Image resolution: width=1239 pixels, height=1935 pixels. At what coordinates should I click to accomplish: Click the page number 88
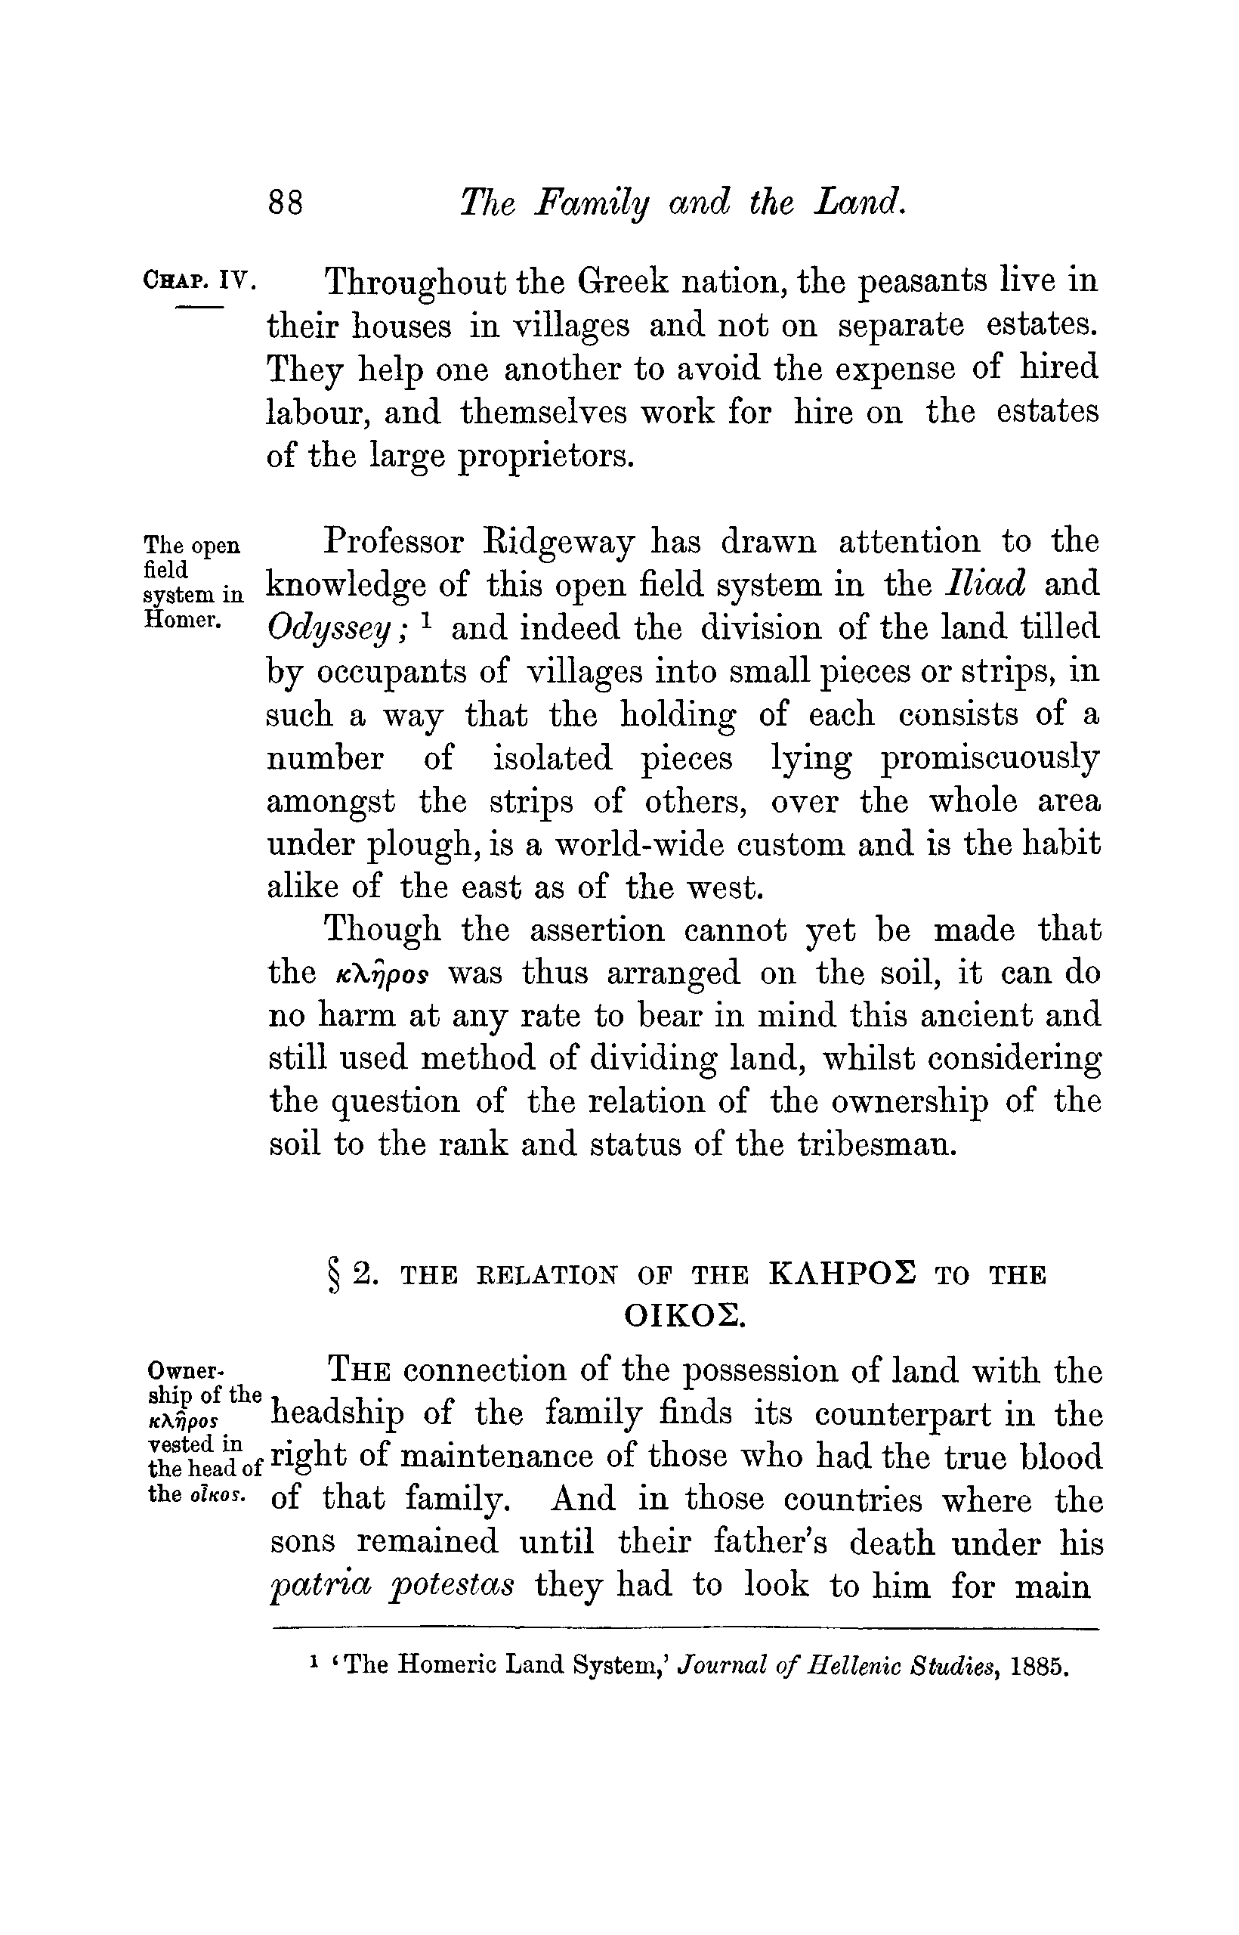tap(286, 202)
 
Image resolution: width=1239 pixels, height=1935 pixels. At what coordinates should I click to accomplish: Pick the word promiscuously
tap(990, 759)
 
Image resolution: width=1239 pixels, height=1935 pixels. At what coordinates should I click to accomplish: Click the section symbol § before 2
tap(332, 1275)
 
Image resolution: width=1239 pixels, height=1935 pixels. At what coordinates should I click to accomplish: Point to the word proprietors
tap(547, 457)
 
